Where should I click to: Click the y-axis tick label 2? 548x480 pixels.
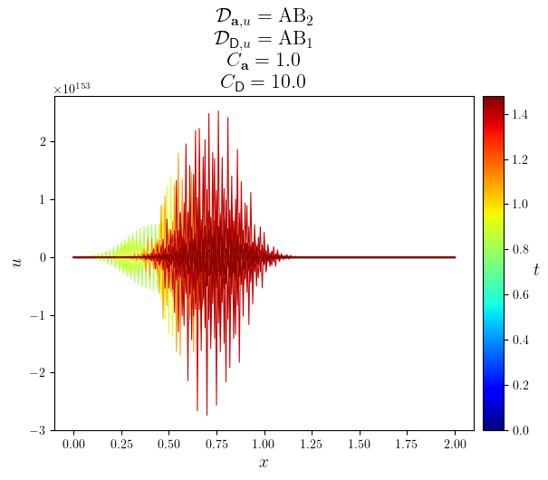click(x=43, y=141)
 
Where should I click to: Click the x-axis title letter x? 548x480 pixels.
click(x=264, y=463)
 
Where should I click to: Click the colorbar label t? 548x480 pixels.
click(x=536, y=269)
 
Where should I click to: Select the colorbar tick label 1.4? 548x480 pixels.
click(x=520, y=114)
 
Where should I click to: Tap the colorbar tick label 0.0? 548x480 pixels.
click(x=520, y=430)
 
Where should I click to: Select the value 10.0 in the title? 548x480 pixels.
click(x=288, y=82)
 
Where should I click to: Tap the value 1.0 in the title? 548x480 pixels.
click(x=284, y=60)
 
